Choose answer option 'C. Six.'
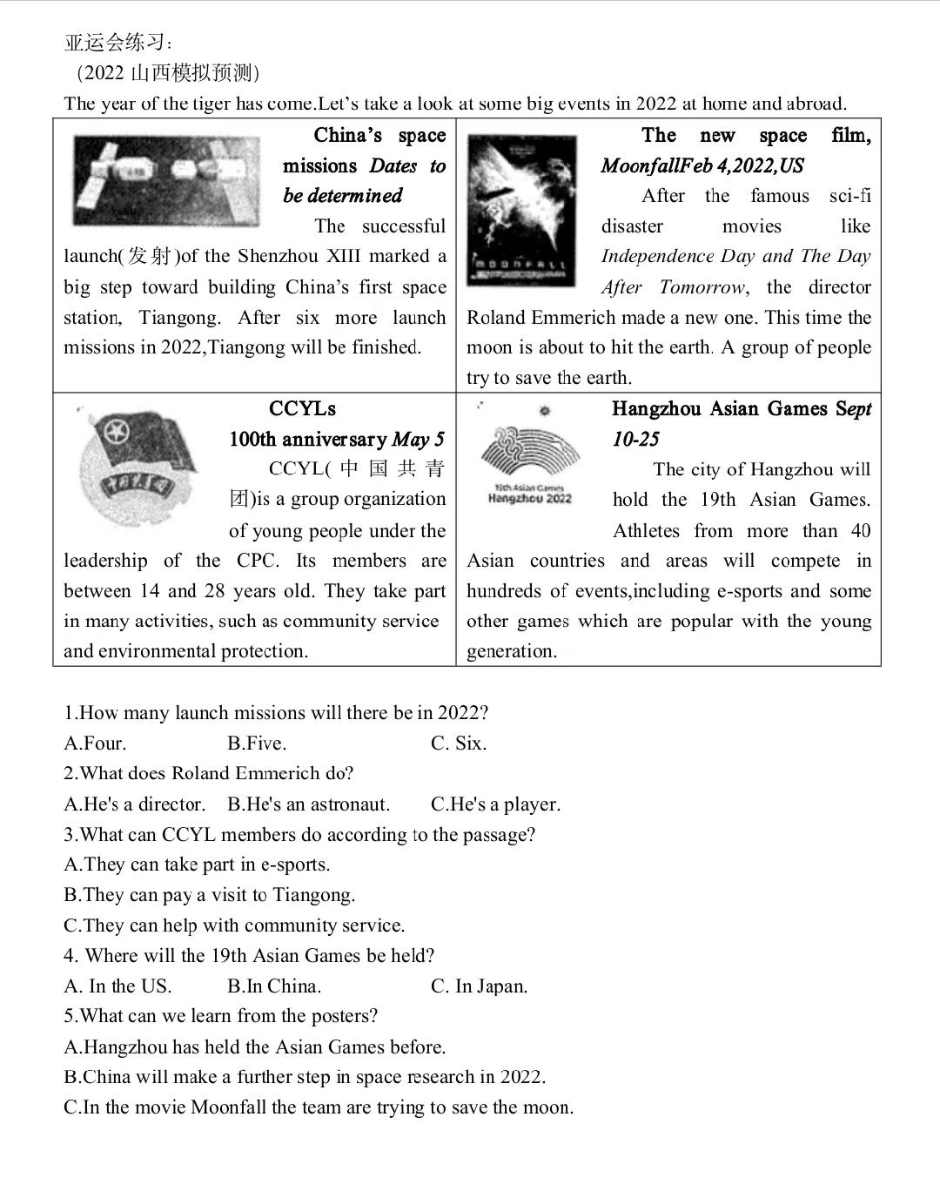point(458,744)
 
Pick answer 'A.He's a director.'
point(135,804)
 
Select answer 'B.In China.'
point(274,986)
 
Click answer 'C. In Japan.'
point(479,986)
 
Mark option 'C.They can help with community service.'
point(234,925)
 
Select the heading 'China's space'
point(379,136)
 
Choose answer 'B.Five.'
point(257,744)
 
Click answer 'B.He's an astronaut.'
point(309,804)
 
